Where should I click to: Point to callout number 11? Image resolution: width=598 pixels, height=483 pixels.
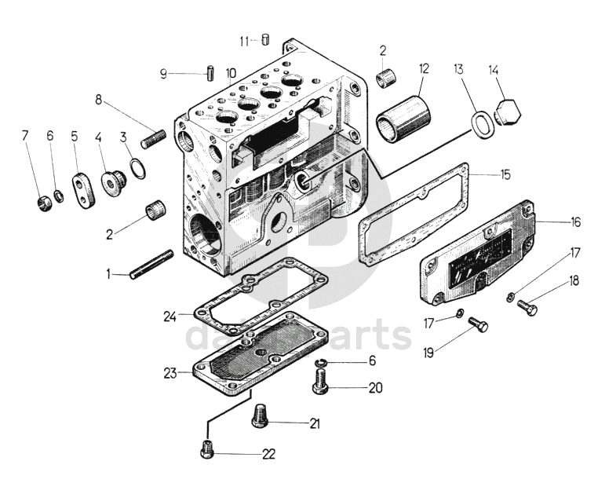244,40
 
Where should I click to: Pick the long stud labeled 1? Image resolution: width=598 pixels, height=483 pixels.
151,264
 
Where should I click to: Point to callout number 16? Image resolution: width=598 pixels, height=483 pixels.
576,222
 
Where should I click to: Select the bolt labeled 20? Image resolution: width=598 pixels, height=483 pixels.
320,383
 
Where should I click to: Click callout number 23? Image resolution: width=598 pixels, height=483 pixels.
170,374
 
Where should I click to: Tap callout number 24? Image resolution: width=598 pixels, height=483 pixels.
170,317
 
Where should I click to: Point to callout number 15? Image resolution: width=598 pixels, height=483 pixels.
506,174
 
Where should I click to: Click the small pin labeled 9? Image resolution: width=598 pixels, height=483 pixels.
212,75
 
